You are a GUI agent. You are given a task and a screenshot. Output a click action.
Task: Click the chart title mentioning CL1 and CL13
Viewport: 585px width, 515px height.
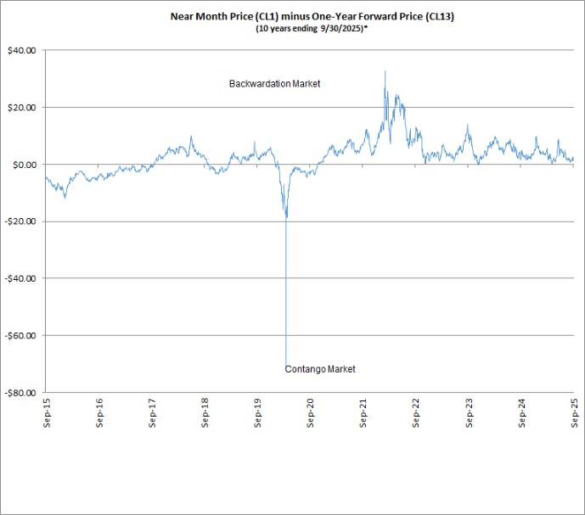coord(312,16)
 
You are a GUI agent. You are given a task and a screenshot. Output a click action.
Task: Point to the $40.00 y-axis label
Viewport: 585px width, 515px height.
coord(21,50)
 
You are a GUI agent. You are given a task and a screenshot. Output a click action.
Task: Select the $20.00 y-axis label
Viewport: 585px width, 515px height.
coord(21,108)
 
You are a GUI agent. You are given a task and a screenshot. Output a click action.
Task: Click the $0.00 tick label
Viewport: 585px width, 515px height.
coord(25,165)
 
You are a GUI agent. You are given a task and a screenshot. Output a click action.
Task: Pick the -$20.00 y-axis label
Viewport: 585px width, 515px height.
coord(20,221)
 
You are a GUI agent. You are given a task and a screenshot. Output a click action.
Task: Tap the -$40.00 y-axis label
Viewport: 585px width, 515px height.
coord(20,278)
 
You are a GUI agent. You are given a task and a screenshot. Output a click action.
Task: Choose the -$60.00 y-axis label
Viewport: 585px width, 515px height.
coord(20,336)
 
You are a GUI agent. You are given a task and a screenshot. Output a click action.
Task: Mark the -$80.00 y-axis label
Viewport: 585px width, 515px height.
coord(20,393)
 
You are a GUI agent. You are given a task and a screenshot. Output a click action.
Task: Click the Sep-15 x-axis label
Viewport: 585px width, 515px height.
coord(47,413)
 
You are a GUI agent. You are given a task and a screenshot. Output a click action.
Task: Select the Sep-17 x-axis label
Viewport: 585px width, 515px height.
coord(152,413)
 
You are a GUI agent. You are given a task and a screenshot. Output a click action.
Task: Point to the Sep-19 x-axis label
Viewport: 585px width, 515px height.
coord(257,413)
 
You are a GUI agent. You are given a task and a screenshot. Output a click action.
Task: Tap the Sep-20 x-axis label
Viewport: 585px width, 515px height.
coord(311,413)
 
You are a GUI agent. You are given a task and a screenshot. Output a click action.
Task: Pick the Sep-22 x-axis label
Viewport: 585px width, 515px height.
coord(416,413)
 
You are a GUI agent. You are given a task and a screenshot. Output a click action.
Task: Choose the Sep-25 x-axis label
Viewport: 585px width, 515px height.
coord(575,413)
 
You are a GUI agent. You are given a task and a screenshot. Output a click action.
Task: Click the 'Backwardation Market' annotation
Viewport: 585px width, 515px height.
coord(274,83)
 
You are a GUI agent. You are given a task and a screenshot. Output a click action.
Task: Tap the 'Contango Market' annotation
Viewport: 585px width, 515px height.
coord(320,369)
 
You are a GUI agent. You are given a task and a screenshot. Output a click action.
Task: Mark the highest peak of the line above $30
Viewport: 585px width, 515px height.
coord(385,71)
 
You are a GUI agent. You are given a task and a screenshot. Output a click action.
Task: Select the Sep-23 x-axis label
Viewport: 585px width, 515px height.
coord(469,413)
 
